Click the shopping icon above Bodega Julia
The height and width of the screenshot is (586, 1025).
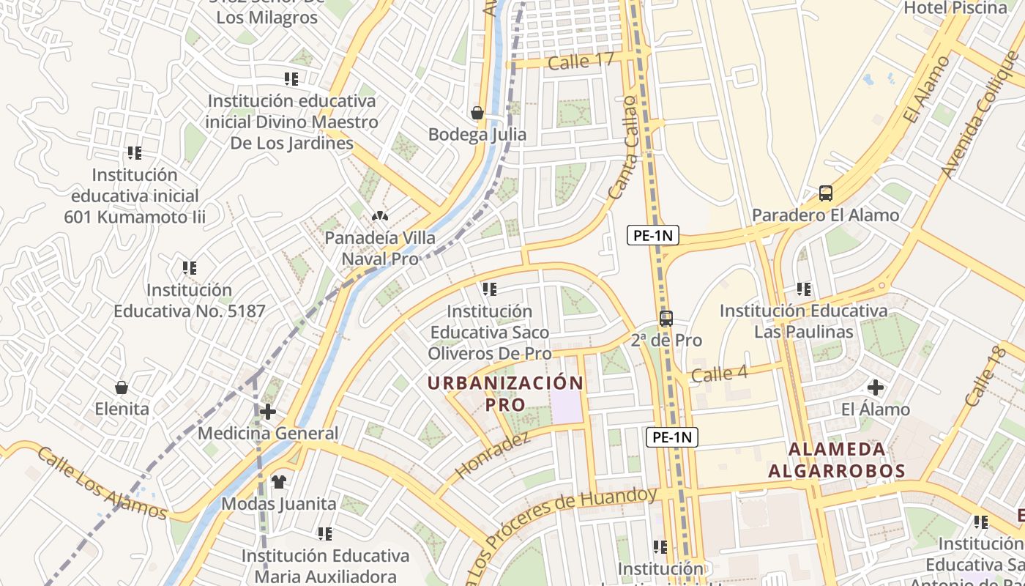pyautogui.click(x=477, y=113)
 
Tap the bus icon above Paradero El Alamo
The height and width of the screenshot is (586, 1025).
pyautogui.click(x=825, y=193)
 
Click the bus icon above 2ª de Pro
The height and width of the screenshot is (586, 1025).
pyautogui.click(x=666, y=319)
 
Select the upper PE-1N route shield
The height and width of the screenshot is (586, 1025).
pyautogui.click(x=653, y=235)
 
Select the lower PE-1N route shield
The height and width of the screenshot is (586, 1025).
pyautogui.click(x=672, y=437)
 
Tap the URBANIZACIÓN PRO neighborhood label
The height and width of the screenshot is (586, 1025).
pyautogui.click(x=505, y=393)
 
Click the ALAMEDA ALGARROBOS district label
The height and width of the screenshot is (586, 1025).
pyautogui.click(x=836, y=459)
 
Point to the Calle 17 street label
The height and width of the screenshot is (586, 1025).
pyautogui.click(x=581, y=62)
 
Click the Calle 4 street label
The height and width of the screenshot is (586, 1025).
pyautogui.click(x=719, y=374)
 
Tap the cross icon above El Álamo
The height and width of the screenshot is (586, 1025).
pyautogui.click(x=875, y=387)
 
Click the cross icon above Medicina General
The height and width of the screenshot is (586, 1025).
pyautogui.click(x=268, y=412)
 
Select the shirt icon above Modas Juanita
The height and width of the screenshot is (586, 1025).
pyautogui.click(x=279, y=482)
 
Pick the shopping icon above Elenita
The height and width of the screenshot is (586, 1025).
pyautogui.click(x=122, y=387)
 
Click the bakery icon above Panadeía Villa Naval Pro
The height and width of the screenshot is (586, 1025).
pyautogui.click(x=379, y=216)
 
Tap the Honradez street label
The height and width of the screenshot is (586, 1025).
pyautogui.click(x=492, y=456)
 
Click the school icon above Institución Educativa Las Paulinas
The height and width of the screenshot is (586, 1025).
pyautogui.click(x=803, y=289)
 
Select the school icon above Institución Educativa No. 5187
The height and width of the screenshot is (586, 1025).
pyautogui.click(x=190, y=268)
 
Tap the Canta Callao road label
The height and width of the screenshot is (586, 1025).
pyautogui.click(x=623, y=146)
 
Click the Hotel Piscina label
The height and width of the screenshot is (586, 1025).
pyautogui.click(x=955, y=8)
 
